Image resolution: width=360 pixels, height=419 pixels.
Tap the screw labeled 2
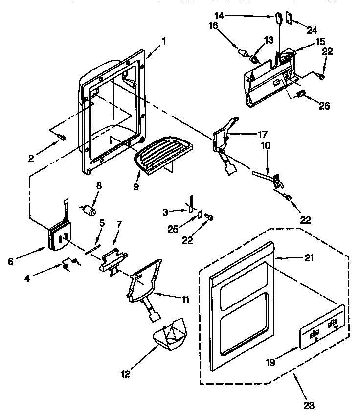point(63,138)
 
